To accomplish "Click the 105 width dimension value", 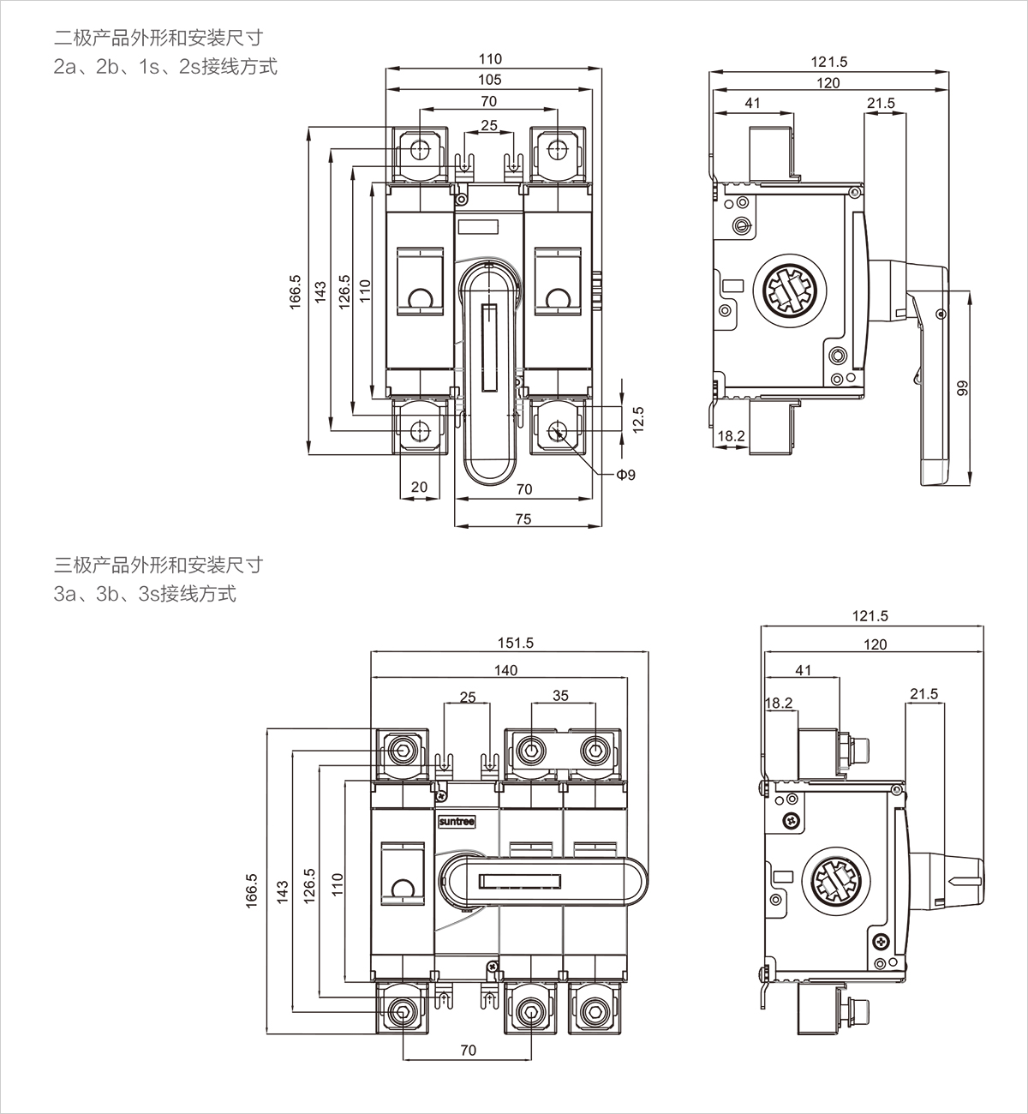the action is [489, 80].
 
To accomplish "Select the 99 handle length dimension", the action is [962, 387].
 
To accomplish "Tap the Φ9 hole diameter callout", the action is [626, 475].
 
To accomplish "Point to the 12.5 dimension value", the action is [638, 420].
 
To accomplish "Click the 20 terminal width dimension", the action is [419, 487].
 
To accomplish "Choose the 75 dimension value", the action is [523, 518].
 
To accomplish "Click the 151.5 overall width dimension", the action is [516, 643].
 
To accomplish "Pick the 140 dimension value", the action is [505, 670].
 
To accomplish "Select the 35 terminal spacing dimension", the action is [560, 696].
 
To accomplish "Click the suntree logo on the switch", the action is [457, 822].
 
